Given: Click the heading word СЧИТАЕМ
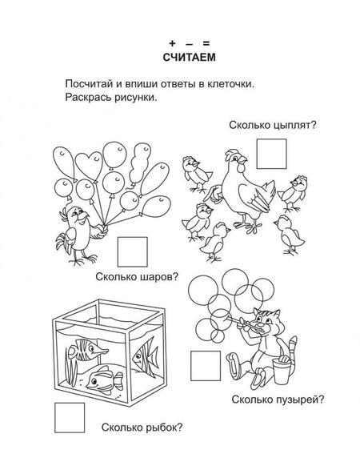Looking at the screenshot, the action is (189, 57).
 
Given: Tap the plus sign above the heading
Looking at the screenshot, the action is (172, 43).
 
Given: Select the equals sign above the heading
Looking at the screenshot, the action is (206, 43).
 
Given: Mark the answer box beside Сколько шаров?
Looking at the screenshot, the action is (132, 251).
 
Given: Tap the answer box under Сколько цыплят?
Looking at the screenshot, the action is (271, 154).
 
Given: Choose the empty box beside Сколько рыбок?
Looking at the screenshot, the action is (70, 417).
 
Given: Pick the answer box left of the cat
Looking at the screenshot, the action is (206, 365).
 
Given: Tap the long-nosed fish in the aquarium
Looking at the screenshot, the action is (86, 350).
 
